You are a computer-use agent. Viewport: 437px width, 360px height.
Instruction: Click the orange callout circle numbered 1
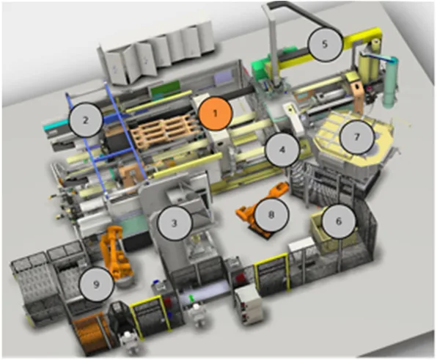(215, 114)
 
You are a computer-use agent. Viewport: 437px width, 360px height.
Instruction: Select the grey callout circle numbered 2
(86, 120)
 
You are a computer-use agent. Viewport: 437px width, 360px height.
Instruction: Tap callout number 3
(175, 223)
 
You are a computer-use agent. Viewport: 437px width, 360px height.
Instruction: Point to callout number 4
(282, 150)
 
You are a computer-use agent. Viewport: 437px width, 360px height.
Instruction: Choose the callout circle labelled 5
(325, 44)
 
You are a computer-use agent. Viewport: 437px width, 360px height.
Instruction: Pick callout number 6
(339, 221)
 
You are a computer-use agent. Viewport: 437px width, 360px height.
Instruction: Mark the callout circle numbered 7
(357, 137)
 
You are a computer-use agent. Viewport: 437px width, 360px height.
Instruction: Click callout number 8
(271, 215)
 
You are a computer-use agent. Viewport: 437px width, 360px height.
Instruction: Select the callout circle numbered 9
(97, 284)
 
